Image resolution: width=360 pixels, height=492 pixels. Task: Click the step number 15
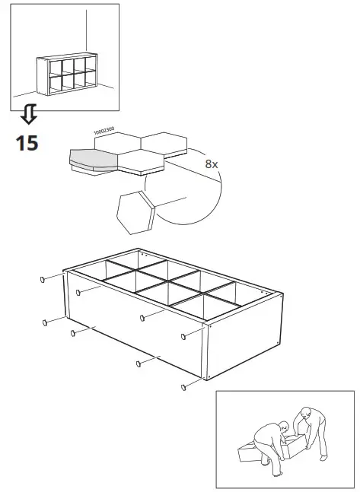click(x=27, y=141)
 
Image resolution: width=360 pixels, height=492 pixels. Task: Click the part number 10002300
click(x=104, y=132)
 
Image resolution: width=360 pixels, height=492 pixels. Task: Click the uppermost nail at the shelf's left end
click(x=43, y=279)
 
